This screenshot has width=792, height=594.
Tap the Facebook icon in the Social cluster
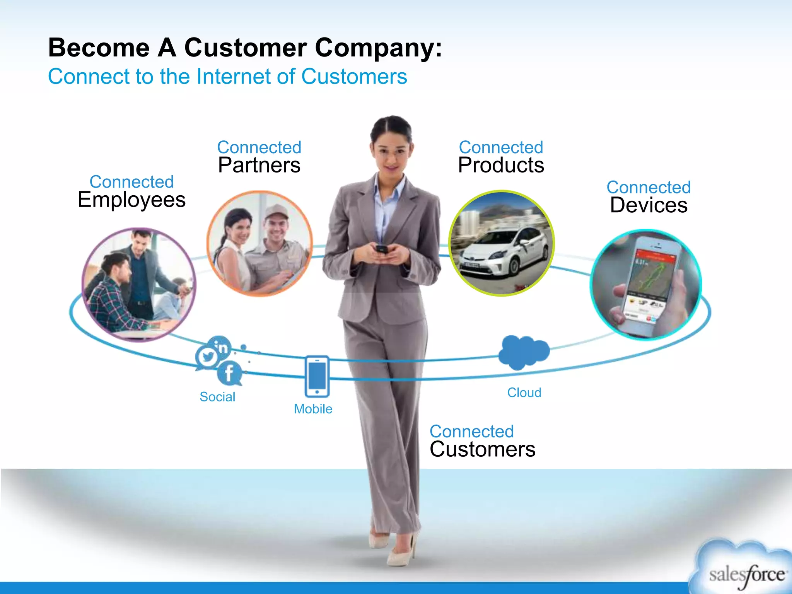pos(229,373)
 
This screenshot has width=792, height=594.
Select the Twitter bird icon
pos(208,357)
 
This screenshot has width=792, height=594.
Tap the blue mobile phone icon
pos(317,376)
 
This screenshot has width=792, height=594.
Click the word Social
pos(217,397)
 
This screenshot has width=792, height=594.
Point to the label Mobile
pos(313,409)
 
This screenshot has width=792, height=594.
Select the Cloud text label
pos(524,393)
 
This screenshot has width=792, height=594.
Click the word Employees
pos(131,200)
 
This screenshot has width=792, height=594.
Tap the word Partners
pos(259,165)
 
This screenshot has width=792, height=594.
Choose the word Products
pos(501,165)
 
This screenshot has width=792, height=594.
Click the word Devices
pos(649,205)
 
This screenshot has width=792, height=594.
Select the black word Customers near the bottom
pos(482,449)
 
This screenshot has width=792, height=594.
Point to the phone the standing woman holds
pos(381,249)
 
